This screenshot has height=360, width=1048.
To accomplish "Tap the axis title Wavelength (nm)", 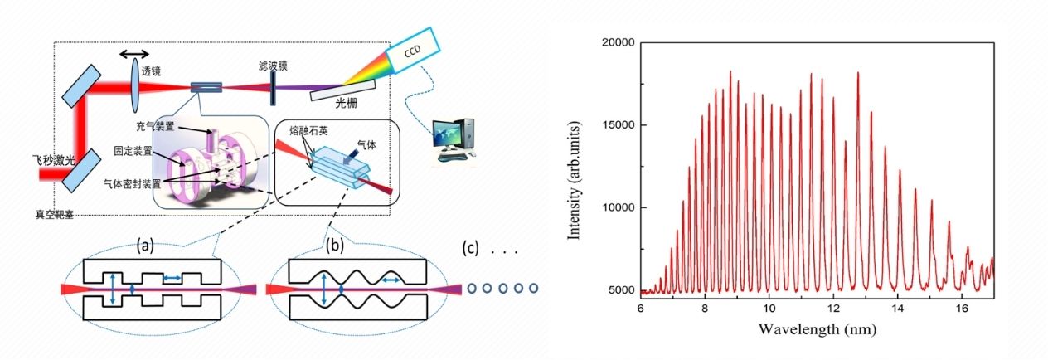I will pyautogui.click(x=817, y=328).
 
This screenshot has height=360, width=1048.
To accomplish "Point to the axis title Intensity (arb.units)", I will pyautogui.click(x=574, y=166).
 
